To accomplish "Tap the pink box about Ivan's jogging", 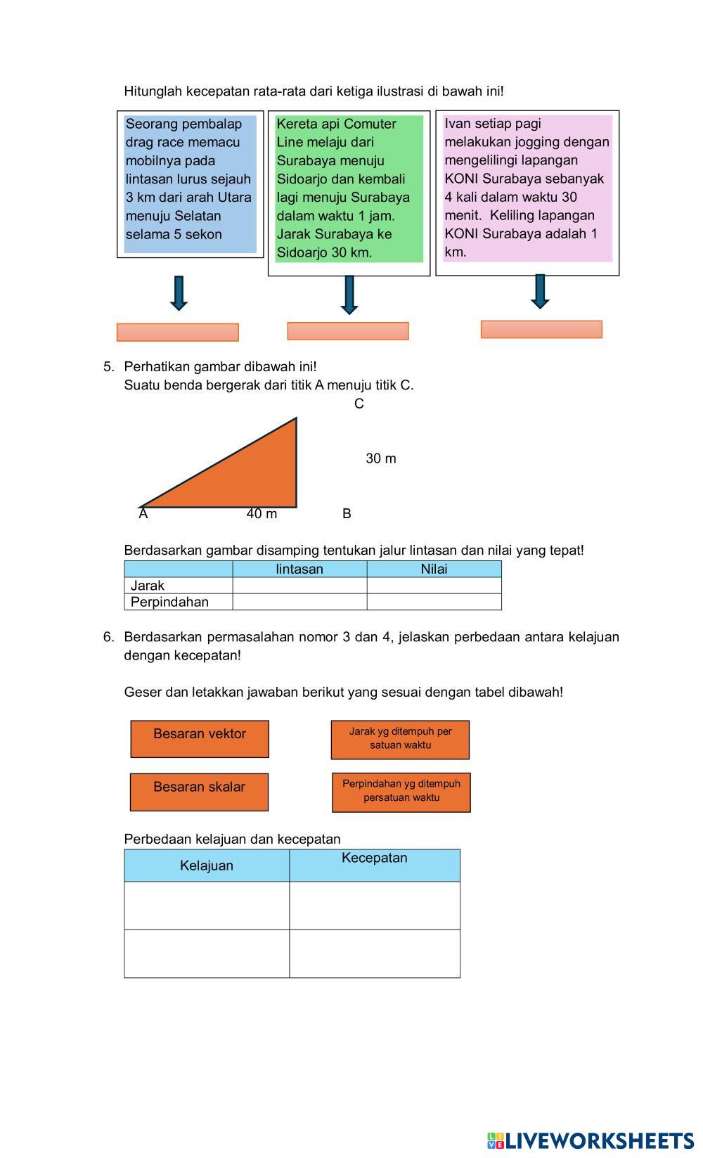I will [x=527, y=188].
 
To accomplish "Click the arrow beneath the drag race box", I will [x=179, y=292].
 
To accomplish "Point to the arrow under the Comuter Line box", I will [x=349, y=295].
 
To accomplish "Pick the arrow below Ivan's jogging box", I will [x=540, y=291].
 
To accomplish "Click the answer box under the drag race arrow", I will [x=178, y=333].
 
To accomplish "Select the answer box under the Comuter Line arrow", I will [x=348, y=331].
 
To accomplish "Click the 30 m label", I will [x=381, y=458].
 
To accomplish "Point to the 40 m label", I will [x=262, y=514].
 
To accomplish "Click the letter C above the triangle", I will [x=359, y=404].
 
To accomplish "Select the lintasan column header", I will [x=299, y=569].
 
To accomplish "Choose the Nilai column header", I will [x=434, y=569].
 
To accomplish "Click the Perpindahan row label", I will [x=169, y=602].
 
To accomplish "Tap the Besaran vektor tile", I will [x=200, y=738].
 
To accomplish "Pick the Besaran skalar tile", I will [x=199, y=792].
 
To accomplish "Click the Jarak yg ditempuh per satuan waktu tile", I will [x=400, y=739].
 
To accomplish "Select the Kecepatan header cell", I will [x=374, y=864].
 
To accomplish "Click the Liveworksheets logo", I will [x=591, y=1140].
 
